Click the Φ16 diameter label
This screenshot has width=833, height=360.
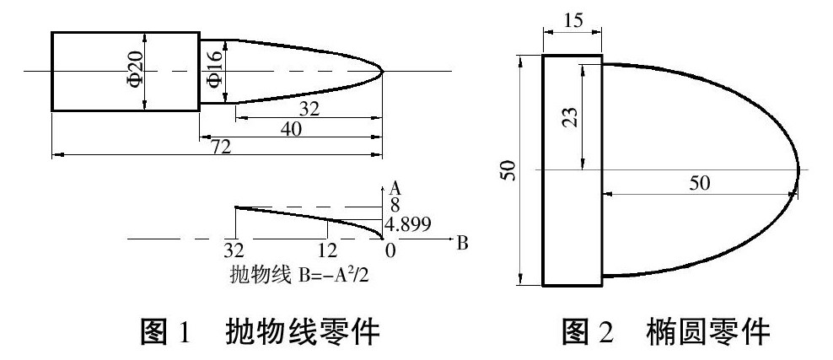[x=213, y=72]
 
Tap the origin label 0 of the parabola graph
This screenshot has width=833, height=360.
[x=390, y=252]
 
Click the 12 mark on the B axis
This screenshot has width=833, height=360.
[x=327, y=252]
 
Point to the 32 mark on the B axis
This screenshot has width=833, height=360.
[x=234, y=252]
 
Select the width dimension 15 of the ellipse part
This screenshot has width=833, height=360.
[x=572, y=21]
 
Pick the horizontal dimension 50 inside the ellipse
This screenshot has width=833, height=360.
[x=700, y=184]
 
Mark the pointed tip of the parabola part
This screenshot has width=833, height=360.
[x=384, y=72]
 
